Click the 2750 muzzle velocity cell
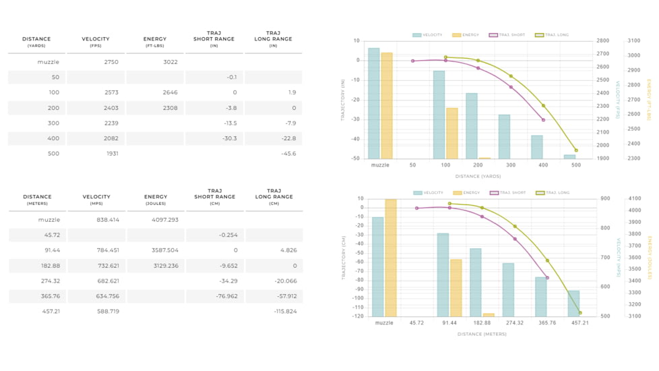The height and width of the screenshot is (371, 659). click(111, 62)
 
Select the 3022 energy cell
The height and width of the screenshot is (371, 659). click(170, 62)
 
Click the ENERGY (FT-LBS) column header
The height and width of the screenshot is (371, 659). click(155, 42)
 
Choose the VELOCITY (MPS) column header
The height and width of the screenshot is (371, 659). click(96, 200)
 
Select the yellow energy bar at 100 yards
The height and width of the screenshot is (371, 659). click(452, 133)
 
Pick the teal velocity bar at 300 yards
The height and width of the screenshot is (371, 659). click(504, 136)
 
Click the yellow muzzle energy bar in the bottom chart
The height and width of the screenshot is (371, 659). click(391, 258)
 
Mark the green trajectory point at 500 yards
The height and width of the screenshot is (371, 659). click(576, 150)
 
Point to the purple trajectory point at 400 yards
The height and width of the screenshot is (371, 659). click(543, 120)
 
